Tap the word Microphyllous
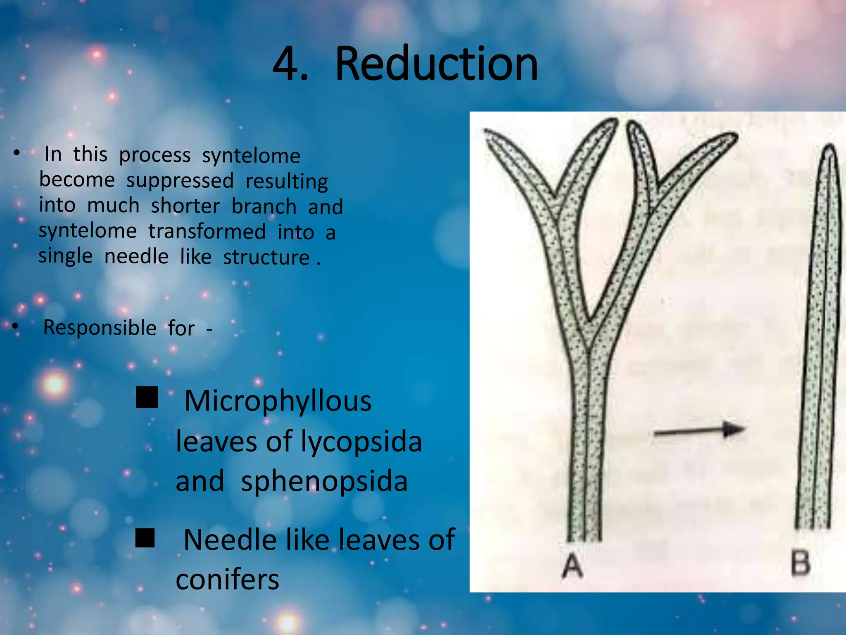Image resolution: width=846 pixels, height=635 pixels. click(x=278, y=401)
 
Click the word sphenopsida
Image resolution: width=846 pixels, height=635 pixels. click(x=324, y=482)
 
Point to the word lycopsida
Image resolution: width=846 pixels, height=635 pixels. click(x=361, y=442)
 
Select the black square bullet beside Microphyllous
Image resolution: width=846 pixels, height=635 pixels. click(x=147, y=398)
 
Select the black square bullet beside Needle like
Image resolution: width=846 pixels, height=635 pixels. click(x=145, y=537)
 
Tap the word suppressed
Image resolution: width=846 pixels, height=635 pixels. click(x=180, y=181)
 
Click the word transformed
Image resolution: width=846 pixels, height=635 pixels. click(x=207, y=232)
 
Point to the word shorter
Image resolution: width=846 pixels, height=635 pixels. click(x=185, y=206)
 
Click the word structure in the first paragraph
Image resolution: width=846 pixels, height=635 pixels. click(x=266, y=257)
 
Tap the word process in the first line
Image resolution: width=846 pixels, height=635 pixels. click(x=155, y=155)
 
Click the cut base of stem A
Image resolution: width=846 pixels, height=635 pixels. click(x=584, y=537)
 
